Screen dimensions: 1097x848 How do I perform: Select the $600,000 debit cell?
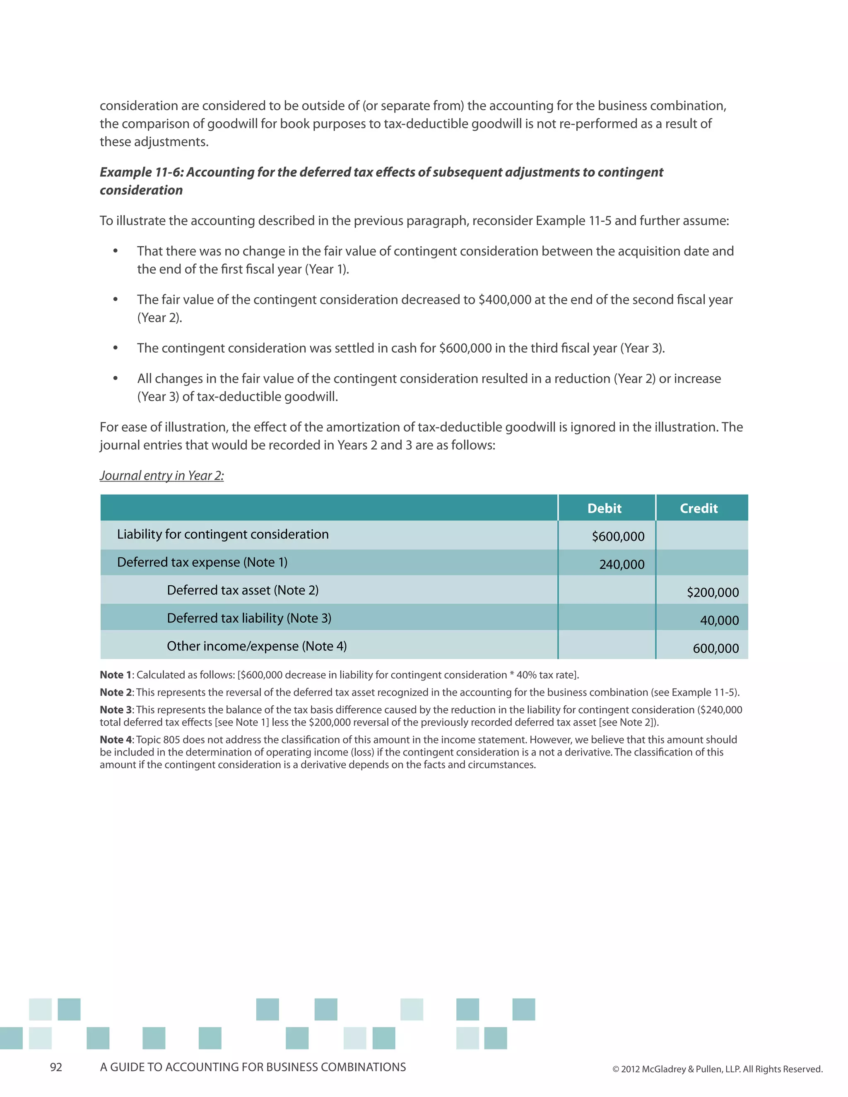[618, 536]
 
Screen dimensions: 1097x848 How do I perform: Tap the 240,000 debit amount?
[622, 565]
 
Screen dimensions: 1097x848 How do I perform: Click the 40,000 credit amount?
[719, 621]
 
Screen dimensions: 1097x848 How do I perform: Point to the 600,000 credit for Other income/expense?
[715, 648]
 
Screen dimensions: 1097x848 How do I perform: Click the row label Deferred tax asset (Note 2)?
[243, 590]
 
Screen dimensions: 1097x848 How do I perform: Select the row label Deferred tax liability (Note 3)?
[249, 618]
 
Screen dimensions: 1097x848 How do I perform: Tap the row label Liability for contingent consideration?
[222, 534]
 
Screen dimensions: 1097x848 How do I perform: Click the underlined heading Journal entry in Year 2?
[161, 476]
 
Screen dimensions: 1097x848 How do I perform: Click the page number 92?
[56, 1067]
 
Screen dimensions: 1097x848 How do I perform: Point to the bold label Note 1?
[116, 675]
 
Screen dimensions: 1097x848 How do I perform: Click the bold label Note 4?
[116, 740]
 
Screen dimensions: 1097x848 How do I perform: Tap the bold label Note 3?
[116, 710]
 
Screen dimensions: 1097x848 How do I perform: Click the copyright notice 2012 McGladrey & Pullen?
[717, 1069]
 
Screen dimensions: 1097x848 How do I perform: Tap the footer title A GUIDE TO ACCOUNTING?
[253, 1067]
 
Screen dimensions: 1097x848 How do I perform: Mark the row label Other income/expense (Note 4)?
[256, 647]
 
